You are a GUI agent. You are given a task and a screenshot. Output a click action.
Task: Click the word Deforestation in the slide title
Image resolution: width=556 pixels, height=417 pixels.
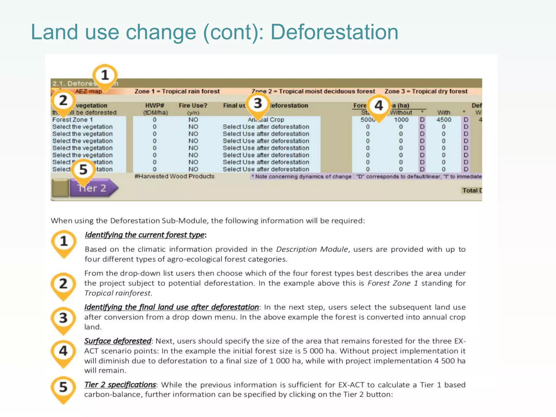[x=334, y=32]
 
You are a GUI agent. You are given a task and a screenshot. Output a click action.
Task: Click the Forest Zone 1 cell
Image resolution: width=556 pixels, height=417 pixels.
[x=72, y=120]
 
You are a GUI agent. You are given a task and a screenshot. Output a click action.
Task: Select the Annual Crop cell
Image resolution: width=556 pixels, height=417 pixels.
[x=266, y=120]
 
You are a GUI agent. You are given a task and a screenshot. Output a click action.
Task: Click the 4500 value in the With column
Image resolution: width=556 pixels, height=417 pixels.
[x=444, y=120]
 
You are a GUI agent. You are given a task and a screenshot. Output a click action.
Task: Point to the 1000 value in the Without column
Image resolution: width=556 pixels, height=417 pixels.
[x=401, y=120]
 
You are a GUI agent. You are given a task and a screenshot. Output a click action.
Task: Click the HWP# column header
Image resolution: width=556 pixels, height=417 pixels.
[x=154, y=106]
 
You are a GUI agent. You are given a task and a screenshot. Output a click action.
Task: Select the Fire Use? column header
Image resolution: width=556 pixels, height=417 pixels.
[x=193, y=106]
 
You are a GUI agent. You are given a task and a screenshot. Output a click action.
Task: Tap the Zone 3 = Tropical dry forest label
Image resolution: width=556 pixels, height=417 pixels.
[x=426, y=91]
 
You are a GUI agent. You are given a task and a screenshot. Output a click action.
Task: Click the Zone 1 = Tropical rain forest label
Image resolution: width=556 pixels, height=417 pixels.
[x=177, y=91]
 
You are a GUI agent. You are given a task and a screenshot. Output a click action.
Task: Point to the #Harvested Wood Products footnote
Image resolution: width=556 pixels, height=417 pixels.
[x=175, y=176]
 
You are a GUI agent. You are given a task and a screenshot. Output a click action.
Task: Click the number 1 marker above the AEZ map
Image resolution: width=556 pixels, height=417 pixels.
[x=105, y=75]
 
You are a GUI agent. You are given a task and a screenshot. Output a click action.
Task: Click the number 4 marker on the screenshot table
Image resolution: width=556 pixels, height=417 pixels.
[x=378, y=106]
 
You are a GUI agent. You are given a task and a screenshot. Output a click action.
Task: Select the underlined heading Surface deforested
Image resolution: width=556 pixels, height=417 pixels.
[x=118, y=341]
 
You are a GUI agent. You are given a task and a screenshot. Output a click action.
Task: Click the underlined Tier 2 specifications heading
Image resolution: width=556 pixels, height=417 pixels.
[x=120, y=385]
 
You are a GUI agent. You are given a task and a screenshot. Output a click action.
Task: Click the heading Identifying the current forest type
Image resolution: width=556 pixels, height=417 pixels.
[x=144, y=235]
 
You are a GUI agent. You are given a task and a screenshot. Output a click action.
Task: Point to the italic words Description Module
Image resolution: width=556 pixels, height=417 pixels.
[x=312, y=249]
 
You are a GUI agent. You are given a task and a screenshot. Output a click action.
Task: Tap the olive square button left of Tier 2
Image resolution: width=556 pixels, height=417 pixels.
[x=60, y=188]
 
